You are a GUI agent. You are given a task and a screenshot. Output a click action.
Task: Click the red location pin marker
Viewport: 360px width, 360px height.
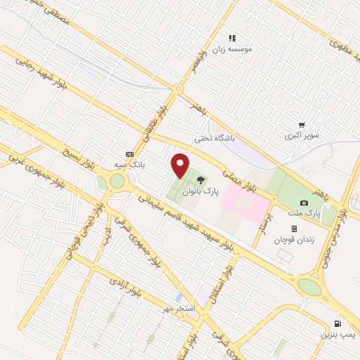[181, 166]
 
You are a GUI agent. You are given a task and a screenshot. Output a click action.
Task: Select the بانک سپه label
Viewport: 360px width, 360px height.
[129, 164]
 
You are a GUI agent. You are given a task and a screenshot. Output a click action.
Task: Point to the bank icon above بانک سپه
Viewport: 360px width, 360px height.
[129, 154]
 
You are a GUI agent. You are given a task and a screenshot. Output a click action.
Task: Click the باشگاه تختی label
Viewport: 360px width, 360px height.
[212, 138]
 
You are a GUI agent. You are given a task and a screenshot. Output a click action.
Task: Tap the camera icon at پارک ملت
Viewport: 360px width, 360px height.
[304, 202]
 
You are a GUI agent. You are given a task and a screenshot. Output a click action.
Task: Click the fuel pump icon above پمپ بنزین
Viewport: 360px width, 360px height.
[338, 324]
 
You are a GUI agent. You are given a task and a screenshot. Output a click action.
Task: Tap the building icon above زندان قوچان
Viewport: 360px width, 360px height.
[294, 229]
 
